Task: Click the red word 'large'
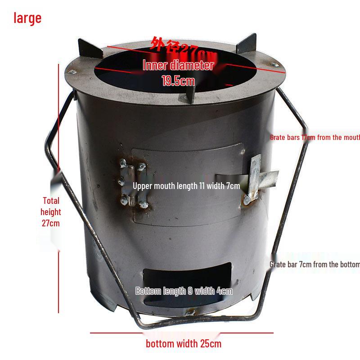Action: pyautogui.click(x=27, y=18)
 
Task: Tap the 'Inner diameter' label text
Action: pyautogui.click(x=178, y=65)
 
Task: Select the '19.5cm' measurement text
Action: pyautogui.click(x=178, y=81)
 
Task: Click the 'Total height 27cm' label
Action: pyautogui.click(x=50, y=211)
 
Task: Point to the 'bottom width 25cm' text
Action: pyautogui.click(x=184, y=344)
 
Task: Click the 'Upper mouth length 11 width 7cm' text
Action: pyautogui.click(x=186, y=186)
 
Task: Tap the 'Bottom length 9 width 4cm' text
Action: pyautogui.click(x=184, y=291)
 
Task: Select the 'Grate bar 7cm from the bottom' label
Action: pyautogui.click(x=315, y=265)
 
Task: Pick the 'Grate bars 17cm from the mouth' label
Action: pyautogui.click(x=315, y=137)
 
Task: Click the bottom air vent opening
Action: pyautogui.click(x=187, y=274)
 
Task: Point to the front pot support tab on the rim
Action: pyautogui.click(x=190, y=94)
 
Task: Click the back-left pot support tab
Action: pyautogui.click(x=87, y=48)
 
